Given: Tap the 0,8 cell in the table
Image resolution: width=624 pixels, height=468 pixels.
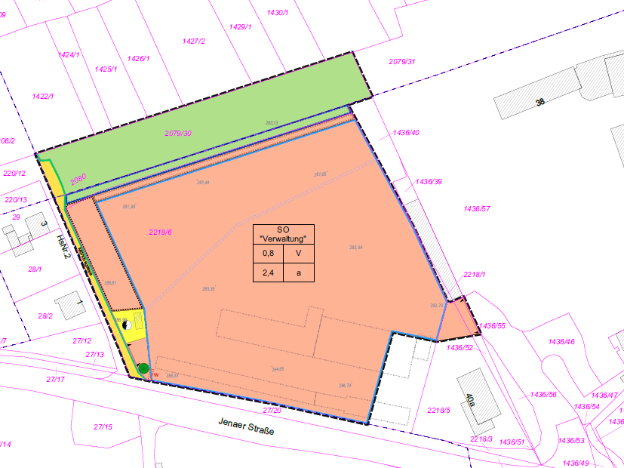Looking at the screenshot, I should tap(267, 254).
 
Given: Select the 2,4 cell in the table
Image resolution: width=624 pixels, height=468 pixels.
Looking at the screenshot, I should tap(267, 273).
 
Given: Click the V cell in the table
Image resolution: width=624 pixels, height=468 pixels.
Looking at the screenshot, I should tap(298, 254).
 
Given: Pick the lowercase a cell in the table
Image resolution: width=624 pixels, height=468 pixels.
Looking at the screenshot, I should tap(298, 273).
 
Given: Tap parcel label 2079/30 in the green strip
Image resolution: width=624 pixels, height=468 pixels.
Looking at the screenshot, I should tap(178, 134).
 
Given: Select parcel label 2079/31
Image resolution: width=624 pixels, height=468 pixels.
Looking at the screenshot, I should tap(401, 61).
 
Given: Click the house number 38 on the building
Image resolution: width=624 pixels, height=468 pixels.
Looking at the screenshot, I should tap(539, 101).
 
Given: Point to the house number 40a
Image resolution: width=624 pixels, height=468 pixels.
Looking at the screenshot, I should tap(470, 401).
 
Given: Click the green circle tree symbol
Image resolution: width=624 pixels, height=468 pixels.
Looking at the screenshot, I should tap(143, 369).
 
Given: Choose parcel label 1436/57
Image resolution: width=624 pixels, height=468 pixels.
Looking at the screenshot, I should tap(478, 208).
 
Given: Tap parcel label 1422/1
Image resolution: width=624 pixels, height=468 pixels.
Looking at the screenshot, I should tap(43, 97).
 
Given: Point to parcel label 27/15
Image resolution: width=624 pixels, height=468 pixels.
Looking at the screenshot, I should tap(103, 427).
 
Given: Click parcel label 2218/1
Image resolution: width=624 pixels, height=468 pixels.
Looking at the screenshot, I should tap(474, 275).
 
